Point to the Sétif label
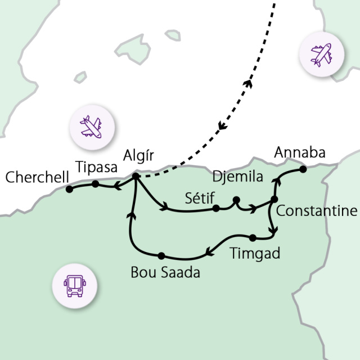pyautogui.click(x=200, y=197)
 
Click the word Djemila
pyautogui.click(x=238, y=178)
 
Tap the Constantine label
pyautogui.click(x=317, y=211)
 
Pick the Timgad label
pyautogui.click(x=255, y=253)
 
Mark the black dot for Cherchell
pyautogui.click(x=69, y=189)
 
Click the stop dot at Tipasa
pyautogui.click(x=96, y=183)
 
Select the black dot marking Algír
pyautogui.click(x=136, y=177)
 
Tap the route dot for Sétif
pyautogui.click(x=217, y=209)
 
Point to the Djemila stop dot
pyautogui.click(x=236, y=199)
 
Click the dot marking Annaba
pyautogui.click(x=303, y=168)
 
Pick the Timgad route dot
pyautogui.click(x=253, y=237)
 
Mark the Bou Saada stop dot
pyautogui.click(x=161, y=255)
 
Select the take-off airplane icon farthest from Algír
pyautogui.click(x=321, y=55)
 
